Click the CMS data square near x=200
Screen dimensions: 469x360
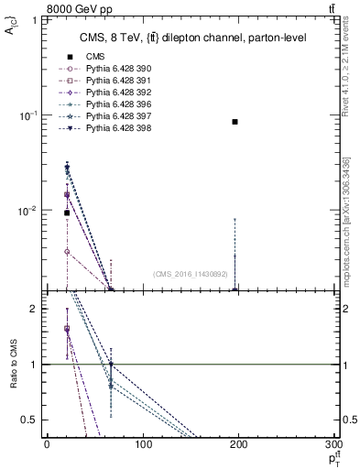235,122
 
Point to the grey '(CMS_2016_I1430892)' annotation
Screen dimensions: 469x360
191,273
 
